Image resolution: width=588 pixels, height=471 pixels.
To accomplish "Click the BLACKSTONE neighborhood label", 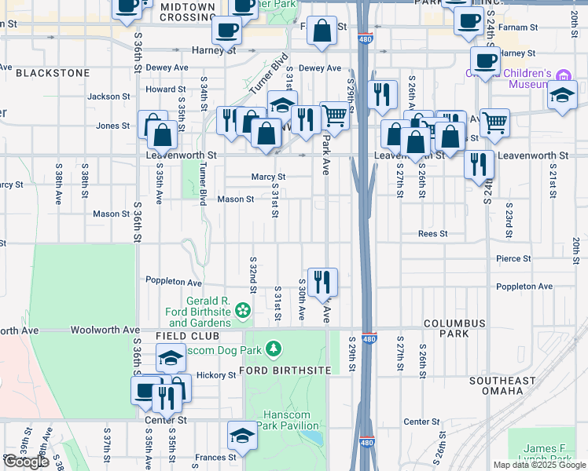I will point(51,72).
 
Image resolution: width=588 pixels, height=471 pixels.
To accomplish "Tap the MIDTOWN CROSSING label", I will point(187,11).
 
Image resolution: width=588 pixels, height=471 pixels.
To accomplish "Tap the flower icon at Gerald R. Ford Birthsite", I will point(243,312).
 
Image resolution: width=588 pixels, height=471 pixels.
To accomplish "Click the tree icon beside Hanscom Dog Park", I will point(273,347).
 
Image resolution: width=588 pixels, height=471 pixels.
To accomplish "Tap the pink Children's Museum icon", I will point(563,76).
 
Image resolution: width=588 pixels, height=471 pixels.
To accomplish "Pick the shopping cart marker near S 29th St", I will point(335,115).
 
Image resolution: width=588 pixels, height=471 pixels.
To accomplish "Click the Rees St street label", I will point(432,233).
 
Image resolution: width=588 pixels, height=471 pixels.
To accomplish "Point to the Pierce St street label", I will point(513,257).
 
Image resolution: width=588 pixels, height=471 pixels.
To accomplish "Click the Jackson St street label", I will point(108,97).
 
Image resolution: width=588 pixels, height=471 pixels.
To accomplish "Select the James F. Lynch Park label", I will point(543,454).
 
